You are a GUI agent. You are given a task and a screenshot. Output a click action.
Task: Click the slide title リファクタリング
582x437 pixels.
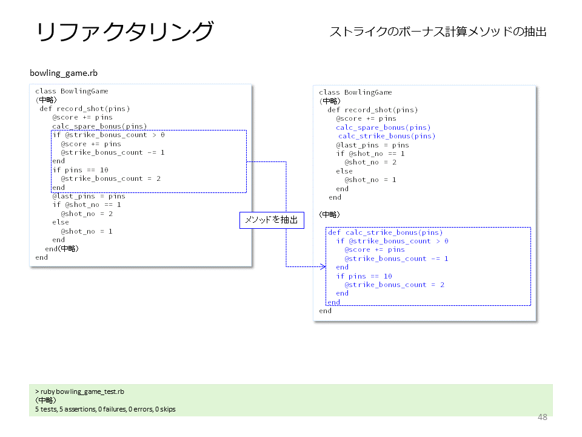(125, 31)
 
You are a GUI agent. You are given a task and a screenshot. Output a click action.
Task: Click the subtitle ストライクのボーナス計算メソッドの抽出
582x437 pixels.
(438, 32)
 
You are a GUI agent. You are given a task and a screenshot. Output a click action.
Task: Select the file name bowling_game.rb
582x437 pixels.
(64, 73)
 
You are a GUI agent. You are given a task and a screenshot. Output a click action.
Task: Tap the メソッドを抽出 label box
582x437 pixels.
(272, 220)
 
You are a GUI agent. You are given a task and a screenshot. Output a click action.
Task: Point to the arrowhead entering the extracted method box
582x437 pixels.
(323, 266)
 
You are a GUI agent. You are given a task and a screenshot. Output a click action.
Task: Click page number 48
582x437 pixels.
(542, 417)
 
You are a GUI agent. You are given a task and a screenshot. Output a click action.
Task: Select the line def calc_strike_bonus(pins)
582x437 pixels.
(386, 232)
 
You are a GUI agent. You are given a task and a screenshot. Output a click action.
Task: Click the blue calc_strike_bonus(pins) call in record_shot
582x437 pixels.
(386, 136)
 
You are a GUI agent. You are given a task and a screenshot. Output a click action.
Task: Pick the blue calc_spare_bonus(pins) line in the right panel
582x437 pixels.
(383, 127)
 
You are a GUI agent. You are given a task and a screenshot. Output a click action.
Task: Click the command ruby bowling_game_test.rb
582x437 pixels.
(79, 391)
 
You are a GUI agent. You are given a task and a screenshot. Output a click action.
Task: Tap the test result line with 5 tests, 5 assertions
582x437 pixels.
(105, 409)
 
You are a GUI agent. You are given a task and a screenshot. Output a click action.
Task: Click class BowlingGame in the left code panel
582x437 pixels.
(72, 91)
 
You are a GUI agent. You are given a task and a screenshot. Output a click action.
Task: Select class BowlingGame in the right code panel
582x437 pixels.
(355, 92)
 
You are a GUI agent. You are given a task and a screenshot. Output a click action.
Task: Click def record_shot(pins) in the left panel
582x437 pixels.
(85, 109)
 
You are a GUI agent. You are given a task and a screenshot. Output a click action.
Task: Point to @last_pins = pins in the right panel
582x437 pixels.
(372, 145)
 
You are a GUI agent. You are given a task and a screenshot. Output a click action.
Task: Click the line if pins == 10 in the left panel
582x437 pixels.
(80, 170)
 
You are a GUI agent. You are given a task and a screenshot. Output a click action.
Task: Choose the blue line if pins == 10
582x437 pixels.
(364, 276)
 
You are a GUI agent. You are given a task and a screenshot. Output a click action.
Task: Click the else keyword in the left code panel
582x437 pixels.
(61, 222)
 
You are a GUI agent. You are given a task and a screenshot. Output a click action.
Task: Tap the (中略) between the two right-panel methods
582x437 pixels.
(329, 214)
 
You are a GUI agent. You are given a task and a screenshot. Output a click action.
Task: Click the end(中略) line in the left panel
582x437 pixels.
(62, 249)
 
